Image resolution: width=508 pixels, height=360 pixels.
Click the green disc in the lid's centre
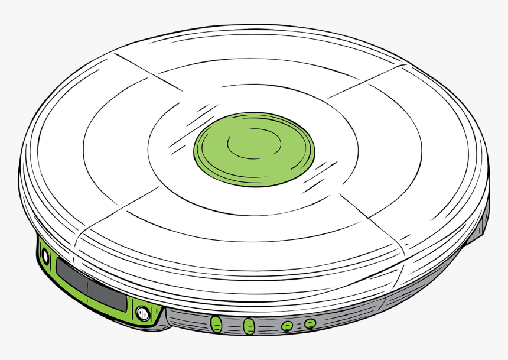click(x=255, y=149)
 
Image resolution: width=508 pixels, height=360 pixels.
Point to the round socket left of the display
click(x=44, y=255)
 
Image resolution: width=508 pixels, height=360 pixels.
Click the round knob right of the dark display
click(x=142, y=313)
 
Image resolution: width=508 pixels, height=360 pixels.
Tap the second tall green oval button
click(x=249, y=325)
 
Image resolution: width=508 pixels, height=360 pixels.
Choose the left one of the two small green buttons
click(x=287, y=325)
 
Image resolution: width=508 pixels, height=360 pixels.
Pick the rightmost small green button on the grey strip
click(x=310, y=323)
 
